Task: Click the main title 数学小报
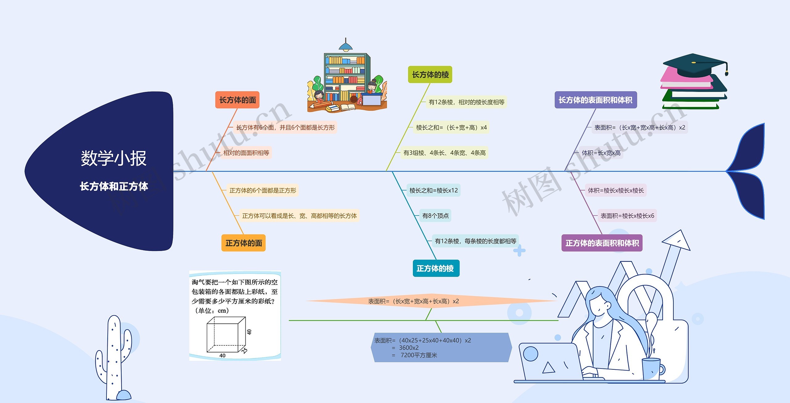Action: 114,158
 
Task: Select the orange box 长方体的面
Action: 237,100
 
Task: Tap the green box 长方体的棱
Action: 430,75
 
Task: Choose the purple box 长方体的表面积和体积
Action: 595,100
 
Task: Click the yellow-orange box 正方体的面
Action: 243,243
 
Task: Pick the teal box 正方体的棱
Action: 435,268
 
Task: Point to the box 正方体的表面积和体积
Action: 602,243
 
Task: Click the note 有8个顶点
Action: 435,216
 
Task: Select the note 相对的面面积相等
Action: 246,153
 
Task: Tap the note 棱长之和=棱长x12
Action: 433,190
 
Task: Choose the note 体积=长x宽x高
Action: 601,153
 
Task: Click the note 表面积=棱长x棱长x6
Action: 627,216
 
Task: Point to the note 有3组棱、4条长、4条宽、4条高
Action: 444,153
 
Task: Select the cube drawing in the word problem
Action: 226,335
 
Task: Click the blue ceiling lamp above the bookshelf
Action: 346,46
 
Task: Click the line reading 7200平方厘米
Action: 419,355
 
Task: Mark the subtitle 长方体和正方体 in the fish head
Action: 114,186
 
